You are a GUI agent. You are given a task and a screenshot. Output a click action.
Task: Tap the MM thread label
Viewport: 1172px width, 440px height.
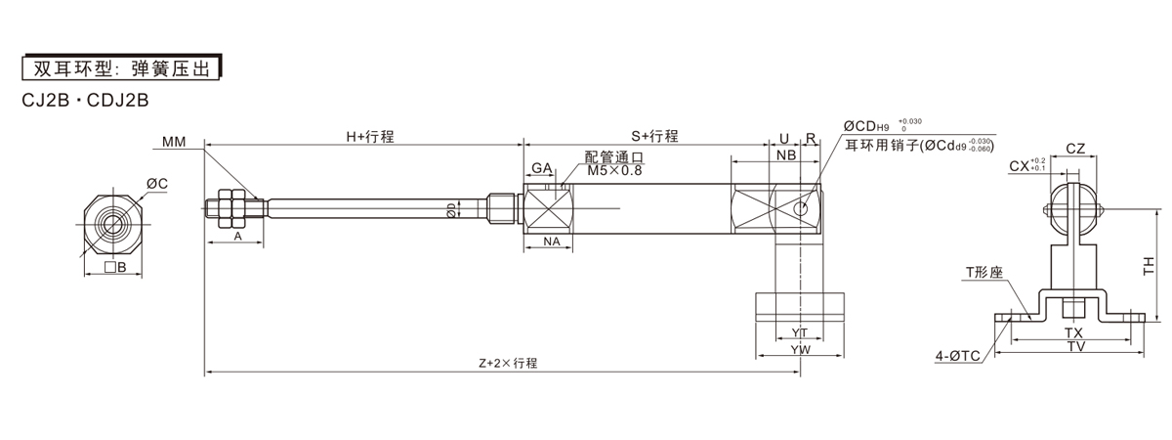174,143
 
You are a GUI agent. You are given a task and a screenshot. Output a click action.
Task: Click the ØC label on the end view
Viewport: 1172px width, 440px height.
156,183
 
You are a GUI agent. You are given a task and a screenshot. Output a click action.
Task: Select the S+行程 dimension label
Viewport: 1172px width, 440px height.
654,137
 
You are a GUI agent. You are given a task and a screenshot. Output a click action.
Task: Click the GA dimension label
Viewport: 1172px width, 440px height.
543,168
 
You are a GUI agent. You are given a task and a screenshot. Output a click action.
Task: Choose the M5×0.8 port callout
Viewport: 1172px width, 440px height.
615,170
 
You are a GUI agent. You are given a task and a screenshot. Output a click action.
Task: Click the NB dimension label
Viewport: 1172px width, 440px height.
785,156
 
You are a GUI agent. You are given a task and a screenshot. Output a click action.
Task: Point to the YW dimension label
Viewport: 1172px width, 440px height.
801,348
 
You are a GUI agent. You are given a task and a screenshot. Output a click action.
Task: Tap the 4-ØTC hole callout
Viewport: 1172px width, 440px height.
957,357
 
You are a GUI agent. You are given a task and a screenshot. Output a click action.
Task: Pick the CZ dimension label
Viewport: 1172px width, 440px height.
1075,149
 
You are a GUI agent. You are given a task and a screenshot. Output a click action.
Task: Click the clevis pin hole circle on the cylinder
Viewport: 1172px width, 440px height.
802,209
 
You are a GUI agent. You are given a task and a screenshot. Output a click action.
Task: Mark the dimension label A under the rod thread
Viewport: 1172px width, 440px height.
237,237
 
